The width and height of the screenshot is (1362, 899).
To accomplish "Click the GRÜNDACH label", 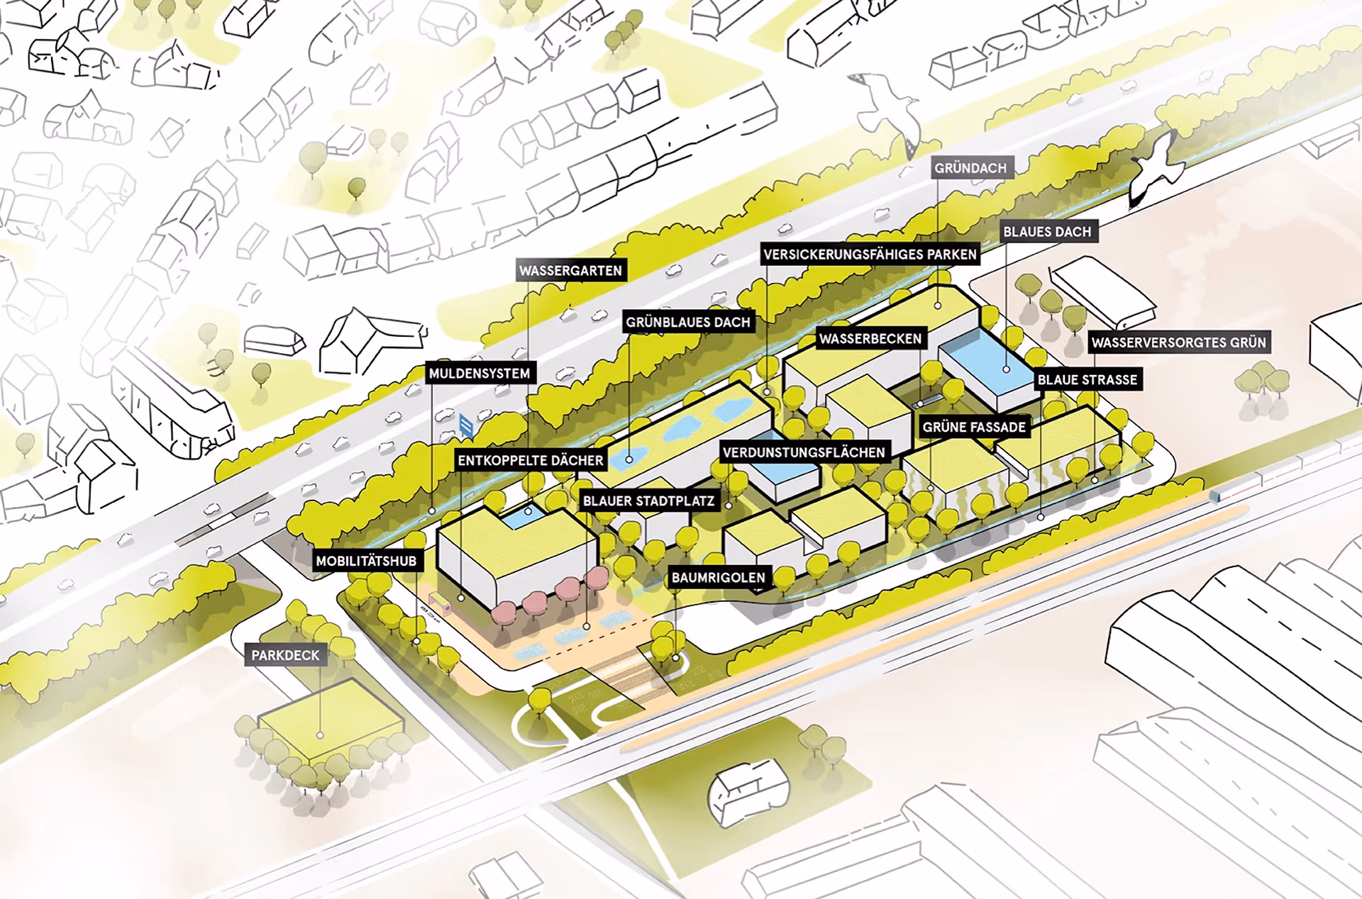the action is pos(970,168).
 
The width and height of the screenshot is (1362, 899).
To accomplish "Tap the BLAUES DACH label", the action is pos(1047,232).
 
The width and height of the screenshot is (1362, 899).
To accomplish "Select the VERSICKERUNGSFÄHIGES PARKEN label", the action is pos(870,255).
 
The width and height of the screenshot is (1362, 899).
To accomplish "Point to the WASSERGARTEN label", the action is pos(570,271).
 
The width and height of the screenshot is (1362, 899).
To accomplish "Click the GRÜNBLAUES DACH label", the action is pos(687,323).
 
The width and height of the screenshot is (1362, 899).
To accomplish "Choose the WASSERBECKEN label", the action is pos(870,339).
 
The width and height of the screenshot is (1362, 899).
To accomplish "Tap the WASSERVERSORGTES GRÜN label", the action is pos(1178,342).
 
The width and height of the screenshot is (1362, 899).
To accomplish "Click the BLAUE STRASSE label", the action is pos(1087,380).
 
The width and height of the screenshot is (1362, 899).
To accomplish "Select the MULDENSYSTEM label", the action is pos(480,374).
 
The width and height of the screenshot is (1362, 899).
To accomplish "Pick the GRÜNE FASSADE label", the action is pos(974,427).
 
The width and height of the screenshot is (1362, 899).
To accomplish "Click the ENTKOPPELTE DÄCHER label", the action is pos(531,461).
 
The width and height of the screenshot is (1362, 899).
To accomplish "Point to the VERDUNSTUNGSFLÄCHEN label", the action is pos(804,452).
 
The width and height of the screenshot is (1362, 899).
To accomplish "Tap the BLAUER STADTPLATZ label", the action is pos(648,501).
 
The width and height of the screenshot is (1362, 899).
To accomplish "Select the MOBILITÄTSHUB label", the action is pos(366,562).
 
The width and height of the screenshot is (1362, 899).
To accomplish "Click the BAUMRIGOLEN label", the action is pos(718,578).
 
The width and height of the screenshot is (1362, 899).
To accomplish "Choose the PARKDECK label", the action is pos(285,655).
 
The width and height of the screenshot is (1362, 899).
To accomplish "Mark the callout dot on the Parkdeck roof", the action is pos(320,735).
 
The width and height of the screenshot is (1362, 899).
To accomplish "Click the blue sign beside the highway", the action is pos(466,425).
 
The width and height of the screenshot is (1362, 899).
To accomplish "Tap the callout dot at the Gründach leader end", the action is pos(938,306).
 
